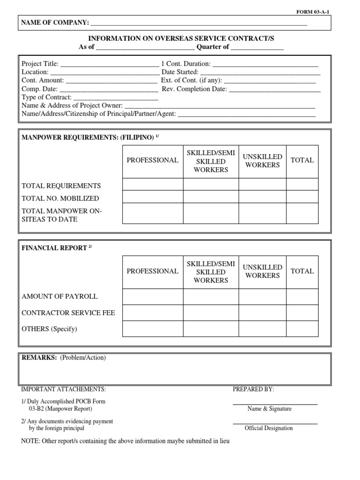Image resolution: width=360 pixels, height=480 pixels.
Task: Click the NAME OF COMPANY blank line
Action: [x=199, y=23]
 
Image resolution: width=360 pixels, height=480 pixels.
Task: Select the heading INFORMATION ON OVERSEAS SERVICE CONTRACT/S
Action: [x=181, y=38]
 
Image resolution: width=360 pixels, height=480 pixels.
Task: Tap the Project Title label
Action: [x=40, y=64]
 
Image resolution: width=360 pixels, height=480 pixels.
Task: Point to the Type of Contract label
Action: [x=46, y=97]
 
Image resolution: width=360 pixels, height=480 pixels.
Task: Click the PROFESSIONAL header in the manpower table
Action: [x=152, y=160]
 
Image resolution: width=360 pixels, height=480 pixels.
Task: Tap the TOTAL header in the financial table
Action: [x=302, y=271]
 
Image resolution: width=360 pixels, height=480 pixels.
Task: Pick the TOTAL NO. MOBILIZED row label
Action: [x=60, y=198]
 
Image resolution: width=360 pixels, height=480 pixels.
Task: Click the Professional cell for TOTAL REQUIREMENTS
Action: [x=152, y=185]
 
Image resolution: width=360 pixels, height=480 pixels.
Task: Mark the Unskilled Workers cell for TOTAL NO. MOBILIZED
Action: [x=262, y=197]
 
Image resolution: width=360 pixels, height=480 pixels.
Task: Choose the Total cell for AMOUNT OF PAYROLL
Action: [x=302, y=297]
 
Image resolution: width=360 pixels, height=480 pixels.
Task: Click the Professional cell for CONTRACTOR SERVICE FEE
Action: [x=152, y=313]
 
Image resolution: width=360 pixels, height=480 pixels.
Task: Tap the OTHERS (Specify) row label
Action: [x=49, y=329]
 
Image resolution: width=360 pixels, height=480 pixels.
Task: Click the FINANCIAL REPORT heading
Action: [x=54, y=248]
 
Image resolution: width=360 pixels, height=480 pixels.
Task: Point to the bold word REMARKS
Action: [x=39, y=358]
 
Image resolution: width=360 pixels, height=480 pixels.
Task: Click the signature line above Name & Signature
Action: [x=275, y=404]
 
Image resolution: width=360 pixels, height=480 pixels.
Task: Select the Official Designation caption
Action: [x=269, y=428]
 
